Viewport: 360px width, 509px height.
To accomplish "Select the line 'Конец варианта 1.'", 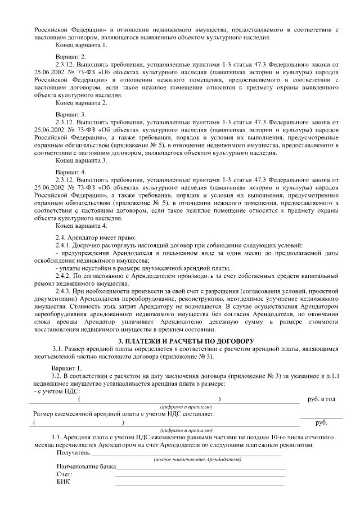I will (x=82, y=44).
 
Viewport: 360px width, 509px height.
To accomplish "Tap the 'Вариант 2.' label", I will (x=71, y=57).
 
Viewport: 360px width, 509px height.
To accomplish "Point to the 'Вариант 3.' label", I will (x=71, y=114).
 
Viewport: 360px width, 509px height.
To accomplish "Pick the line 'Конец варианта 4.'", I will (x=82, y=226).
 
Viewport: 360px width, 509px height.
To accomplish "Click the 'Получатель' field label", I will (x=73, y=452).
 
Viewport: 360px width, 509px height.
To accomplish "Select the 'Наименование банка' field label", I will (x=86, y=466).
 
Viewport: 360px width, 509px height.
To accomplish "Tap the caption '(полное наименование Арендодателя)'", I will (x=197, y=460).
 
